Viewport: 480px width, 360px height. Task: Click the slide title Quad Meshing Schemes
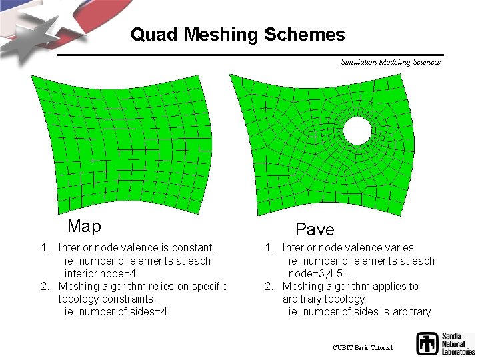pos(237,35)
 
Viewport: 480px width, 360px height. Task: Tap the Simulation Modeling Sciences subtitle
pos(390,62)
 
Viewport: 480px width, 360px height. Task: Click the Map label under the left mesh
pos(84,227)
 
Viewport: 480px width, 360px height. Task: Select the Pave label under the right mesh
pos(315,230)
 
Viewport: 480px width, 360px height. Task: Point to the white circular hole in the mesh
pos(357,131)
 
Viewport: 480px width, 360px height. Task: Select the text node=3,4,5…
pos(321,273)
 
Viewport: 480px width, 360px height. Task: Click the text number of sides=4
pos(123,311)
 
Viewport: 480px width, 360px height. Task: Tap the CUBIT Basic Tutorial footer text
pos(363,348)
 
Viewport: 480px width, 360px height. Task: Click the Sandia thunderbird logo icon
pos(427,343)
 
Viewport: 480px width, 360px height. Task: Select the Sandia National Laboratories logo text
pos(457,343)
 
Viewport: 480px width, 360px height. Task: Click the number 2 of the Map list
pos(45,286)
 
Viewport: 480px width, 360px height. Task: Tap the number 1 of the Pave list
pos(269,248)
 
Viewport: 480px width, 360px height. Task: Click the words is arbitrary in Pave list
pos(406,311)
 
